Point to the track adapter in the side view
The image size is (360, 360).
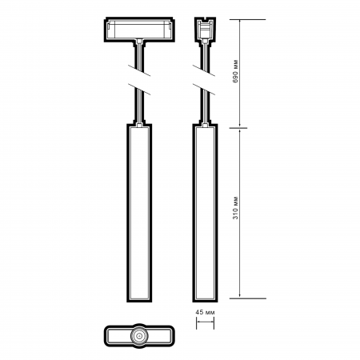pyautogui.click(x=206, y=31)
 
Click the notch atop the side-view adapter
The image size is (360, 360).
pyautogui.click(x=206, y=20)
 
